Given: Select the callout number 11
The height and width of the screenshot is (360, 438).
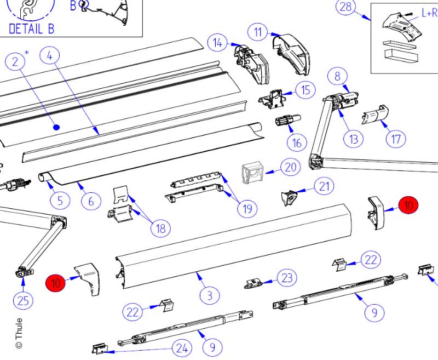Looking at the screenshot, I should point(258,32).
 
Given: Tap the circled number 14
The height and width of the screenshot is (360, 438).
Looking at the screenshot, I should point(218,43).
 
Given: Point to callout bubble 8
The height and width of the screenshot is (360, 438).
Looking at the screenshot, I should point(338,76).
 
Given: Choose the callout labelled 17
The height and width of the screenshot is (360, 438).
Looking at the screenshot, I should point(396,139).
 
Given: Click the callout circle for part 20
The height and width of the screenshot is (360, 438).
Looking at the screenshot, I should point(290,167).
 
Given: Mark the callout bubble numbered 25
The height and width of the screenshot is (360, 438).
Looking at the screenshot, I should point(24,300).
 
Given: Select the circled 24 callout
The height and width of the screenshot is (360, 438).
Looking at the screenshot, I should point(182,347).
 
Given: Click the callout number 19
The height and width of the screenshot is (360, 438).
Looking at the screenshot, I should point(247,208).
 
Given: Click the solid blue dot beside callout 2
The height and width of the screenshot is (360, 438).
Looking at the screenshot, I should point(56,127).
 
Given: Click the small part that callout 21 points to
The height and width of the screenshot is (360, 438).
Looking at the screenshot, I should point(289,196).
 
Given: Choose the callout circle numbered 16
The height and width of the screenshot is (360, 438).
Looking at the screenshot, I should point(297,143).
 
